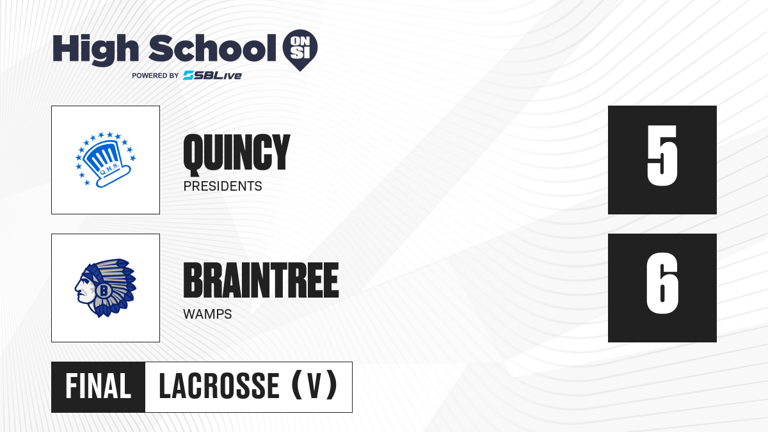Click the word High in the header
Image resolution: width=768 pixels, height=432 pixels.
click(95, 49)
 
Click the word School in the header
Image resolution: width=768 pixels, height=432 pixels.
click(212, 48)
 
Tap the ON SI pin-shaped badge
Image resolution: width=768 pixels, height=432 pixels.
click(300, 50)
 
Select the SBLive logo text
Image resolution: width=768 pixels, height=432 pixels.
click(212, 76)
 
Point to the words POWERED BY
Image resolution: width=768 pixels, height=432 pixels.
click(156, 76)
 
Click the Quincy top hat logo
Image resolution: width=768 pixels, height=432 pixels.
click(106, 159)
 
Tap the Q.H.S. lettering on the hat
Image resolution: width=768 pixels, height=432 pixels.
click(109, 170)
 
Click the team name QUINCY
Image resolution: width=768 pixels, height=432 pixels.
click(237, 152)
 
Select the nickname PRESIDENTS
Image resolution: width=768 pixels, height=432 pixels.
click(223, 186)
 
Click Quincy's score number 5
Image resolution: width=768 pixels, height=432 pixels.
click(662, 156)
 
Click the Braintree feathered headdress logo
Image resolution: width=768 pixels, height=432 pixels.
click(106, 288)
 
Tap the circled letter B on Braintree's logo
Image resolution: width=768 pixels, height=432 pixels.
click(104, 291)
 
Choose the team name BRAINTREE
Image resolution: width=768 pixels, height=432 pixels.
click(261, 280)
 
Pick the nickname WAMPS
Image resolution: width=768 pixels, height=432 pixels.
click(207, 314)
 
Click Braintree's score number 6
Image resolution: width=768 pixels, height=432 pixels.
click(662, 283)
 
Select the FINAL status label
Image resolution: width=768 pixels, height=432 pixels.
click(98, 387)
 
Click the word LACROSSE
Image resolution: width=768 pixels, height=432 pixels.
click(219, 387)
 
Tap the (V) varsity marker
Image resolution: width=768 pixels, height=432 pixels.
click(314, 385)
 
